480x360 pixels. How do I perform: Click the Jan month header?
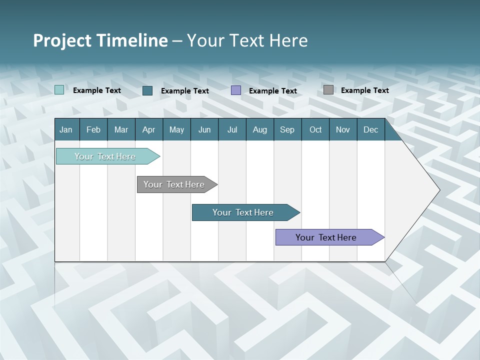tap(66, 129)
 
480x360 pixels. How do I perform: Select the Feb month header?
tap(93, 129)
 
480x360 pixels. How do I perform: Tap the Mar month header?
tap(121, 129)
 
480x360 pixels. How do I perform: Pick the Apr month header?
tap(149, 129)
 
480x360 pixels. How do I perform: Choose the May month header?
tap(176, 129)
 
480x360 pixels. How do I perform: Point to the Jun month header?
tap(204, 129)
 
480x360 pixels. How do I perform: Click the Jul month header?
tap(232, 129)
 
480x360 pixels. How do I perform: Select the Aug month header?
tap(260, 129)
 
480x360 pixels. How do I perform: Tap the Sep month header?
tap(287, 129)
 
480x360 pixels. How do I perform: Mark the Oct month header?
tap(315, 129)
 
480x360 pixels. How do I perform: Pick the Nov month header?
tap(343, 129)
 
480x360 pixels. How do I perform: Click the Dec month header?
tap(371, 129)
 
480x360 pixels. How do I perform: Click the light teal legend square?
tap(59, 90)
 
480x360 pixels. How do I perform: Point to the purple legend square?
tap(236, 90)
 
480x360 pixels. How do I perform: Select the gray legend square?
tap(328, 90)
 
